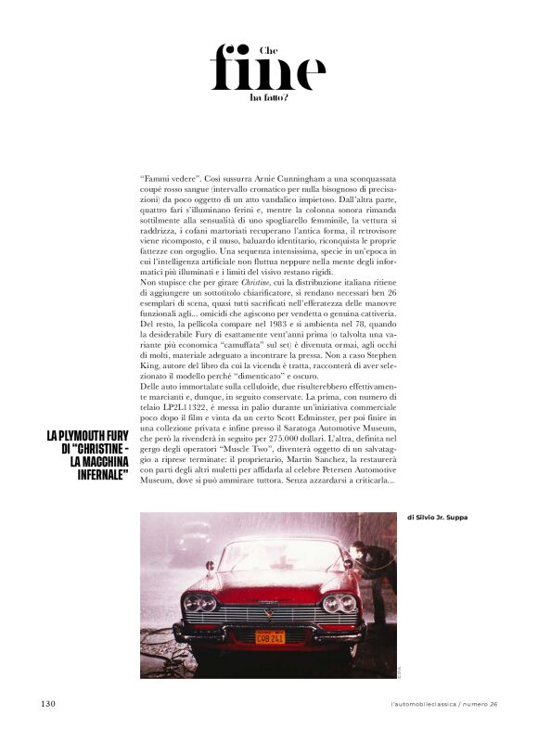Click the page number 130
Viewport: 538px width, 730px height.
point(48,704)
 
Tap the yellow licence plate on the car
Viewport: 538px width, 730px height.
point(271,637)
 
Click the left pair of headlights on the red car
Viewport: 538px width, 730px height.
point(199,603)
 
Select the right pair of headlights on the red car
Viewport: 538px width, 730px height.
point(340,603)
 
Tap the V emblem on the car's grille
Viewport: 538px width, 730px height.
point(270,611)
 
